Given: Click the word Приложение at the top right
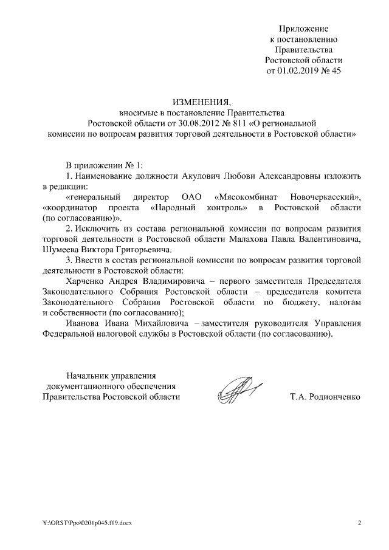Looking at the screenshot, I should point(303,29).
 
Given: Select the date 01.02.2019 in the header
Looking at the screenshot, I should point(298,70).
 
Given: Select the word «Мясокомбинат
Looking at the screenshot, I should point(247,198).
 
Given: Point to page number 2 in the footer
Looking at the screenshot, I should point(359,523).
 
